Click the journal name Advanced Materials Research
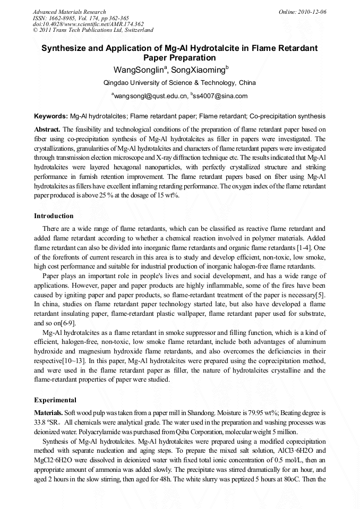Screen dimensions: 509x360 click(70, 12)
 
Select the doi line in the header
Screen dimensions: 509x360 click(88, 24)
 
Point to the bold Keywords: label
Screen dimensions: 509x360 click(51, 116)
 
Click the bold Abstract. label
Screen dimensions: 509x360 click(47, 129)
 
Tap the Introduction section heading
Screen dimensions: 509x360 click(54, 216)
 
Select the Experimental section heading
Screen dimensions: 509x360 click(55, 400)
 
